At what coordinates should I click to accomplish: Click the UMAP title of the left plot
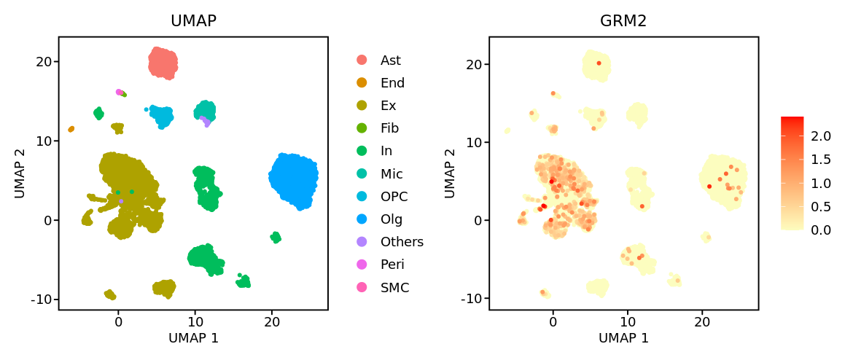[193, 21]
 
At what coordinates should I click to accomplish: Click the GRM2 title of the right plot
[623, 21]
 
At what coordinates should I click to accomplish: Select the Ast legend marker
[362, 60]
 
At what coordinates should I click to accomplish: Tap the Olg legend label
[391, 219]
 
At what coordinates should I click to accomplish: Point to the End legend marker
[362, 83]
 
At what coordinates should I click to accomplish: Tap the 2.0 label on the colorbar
[822, 136]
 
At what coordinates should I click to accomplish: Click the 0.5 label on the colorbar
[822, 206]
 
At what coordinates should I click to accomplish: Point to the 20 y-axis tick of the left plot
[43, 61]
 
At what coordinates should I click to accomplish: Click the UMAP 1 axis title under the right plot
[623, 338]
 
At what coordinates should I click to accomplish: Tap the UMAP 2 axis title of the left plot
[20, 173]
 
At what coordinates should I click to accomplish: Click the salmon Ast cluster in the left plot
[163, 63]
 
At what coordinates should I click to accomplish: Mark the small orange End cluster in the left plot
[71, 129]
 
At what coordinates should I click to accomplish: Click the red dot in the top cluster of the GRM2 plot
[599, 63]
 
